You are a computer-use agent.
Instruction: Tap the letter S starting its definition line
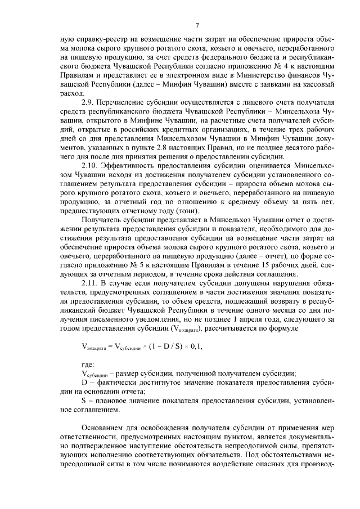coord(84,401)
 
